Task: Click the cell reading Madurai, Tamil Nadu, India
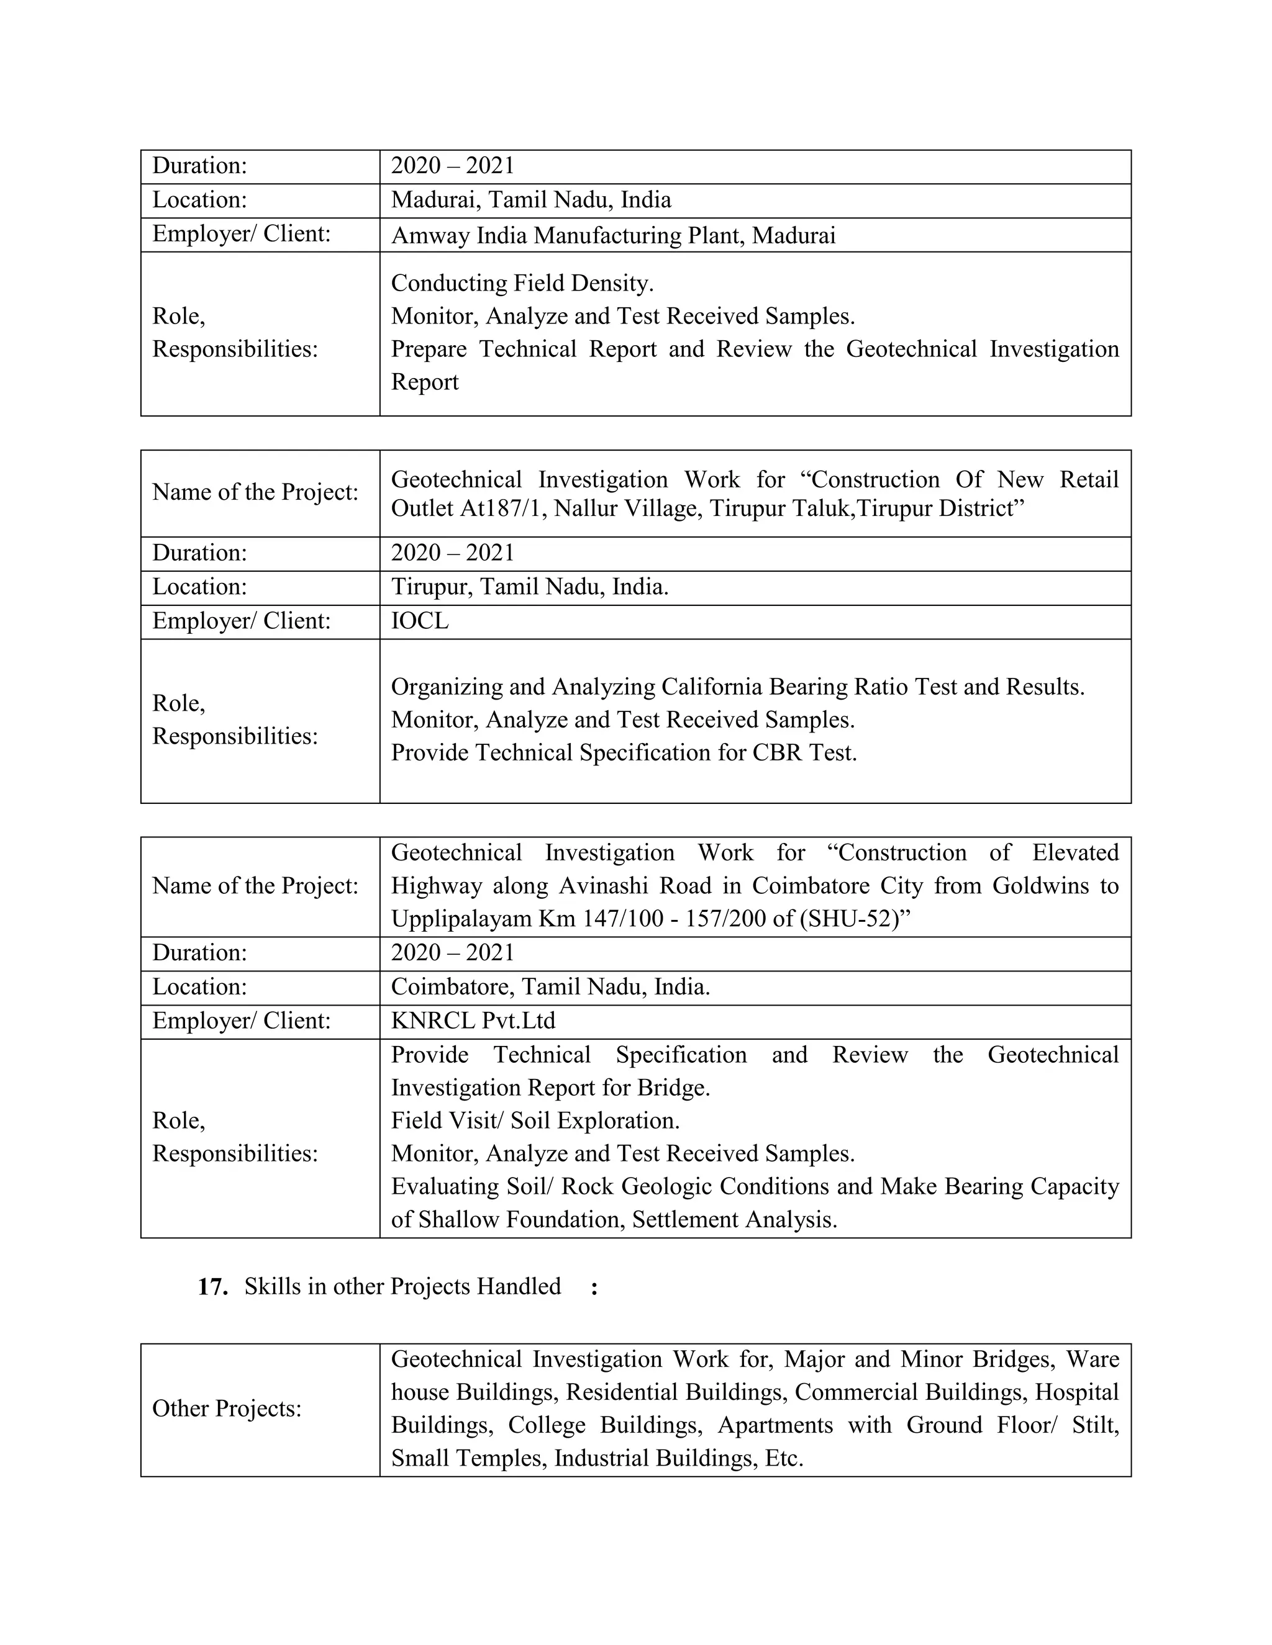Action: (x=530, y=201)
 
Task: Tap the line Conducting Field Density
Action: (x=522, y=283)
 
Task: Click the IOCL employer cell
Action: (x=420, y=621)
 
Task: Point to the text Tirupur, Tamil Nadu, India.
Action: (x=529, y=587)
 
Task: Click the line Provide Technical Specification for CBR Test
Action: (x=623, y=753)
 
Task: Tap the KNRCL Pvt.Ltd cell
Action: (x=473, y=1021)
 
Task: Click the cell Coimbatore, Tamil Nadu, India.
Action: (x=550, y=988)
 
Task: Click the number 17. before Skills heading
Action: (x=212, y=1287)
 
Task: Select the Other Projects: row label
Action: (x=227, y=1409)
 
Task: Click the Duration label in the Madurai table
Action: (x=200, y=166)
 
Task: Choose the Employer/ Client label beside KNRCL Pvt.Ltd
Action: (x=241, y=1021)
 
